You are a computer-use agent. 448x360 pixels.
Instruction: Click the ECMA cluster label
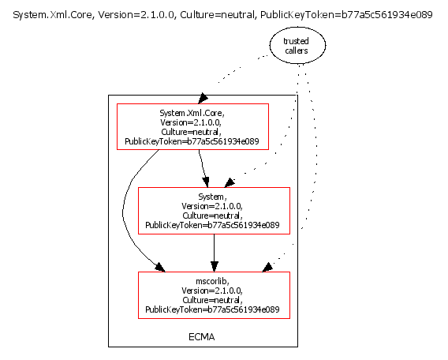201,337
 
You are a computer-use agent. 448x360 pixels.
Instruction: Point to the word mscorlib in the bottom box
212,281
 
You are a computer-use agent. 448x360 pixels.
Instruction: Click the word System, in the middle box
212,197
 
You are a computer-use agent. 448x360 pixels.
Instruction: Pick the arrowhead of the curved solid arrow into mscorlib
160,268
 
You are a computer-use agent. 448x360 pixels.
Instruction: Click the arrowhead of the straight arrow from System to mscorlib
215,267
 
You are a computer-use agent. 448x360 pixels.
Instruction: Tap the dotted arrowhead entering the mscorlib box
267,268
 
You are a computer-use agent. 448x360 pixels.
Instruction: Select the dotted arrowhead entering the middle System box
230,183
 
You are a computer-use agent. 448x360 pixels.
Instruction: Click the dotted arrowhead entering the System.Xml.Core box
203,98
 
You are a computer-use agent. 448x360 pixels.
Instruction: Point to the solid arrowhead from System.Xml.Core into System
206,182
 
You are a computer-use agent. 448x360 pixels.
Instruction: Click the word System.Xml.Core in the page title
53,14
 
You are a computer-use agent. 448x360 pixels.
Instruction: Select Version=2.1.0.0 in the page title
136,14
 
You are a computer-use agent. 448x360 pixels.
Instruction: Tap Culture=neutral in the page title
217,14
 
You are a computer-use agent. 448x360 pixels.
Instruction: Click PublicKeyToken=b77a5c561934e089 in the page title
346,14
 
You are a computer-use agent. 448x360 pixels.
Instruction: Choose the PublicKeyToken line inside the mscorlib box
212,309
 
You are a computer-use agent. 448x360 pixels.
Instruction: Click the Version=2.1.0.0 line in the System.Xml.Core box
191,122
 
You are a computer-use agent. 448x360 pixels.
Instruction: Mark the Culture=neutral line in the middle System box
212,216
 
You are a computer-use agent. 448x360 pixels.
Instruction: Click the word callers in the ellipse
297,51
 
